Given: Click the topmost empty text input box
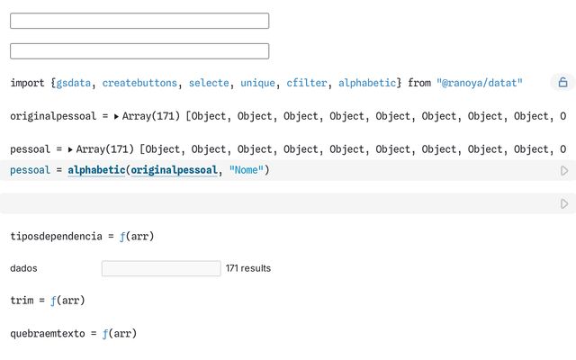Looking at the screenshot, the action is click(x=139, y=21).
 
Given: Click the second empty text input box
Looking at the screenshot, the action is click(x=139, y=51).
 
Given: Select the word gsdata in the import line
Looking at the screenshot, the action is click(x=74, y=83).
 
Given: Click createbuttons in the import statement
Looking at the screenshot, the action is click(x=139, y=83).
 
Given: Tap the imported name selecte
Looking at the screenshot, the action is click(x=209, y=83).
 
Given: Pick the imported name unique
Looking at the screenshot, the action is click(x=258, y=83).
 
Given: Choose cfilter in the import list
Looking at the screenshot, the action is click(x=307, y=83).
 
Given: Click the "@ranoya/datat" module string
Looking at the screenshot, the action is click(x=480, y=83).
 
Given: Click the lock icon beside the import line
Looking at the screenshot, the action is click(x=562, y=82).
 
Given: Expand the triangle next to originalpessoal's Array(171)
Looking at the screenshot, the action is click(x=116, y=116).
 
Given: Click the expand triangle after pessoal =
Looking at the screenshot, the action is click(x=70, y=149).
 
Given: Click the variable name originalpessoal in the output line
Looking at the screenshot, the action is click(x=53, y=116).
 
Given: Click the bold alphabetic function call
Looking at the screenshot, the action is click(x=96, y=170).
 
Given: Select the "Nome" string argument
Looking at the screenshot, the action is click(x=247, y=170).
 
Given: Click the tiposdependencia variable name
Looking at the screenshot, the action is click(x=56, y=236).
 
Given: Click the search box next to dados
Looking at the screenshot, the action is click(x=161, y=268).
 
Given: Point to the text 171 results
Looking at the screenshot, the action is click(x=248, y=268).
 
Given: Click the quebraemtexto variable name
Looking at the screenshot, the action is click(x=48, y=334).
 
